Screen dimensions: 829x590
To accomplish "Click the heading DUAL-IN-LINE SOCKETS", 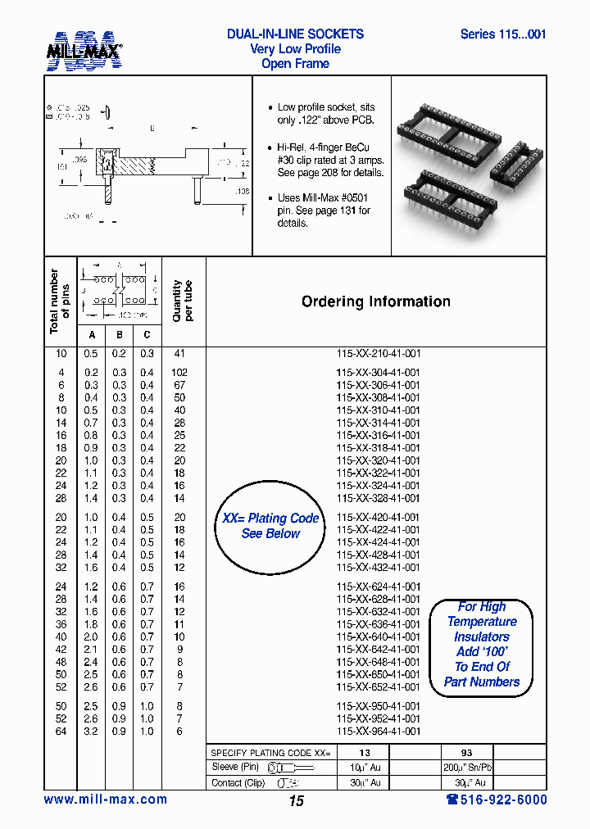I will pyautogui.click(x=295, y=34).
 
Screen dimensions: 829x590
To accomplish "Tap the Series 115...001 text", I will pyautogui.click(x=502, y=34).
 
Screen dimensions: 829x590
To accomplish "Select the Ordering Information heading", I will pyautogui.click(x=376, y=301).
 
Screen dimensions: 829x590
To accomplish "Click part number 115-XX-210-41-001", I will pyautogui.click(x=378, y=353).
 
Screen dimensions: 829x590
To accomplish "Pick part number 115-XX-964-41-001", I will pyautogui.click(x=378, y=732).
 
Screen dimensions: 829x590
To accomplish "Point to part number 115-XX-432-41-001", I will pyautogui.click(x=378, y=568).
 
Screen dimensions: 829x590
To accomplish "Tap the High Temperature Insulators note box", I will pyautogui.click(x=482, y=645).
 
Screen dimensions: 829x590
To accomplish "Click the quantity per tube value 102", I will pyautogui.click(x=179, y=372).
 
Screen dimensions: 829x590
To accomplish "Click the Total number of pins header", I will pyautogui.click(x=60, y=301).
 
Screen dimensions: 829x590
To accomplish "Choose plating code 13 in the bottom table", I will pyautogui.click(x=365, y=753).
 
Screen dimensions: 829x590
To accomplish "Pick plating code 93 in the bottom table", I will pyautogui.click(x=466, y=753).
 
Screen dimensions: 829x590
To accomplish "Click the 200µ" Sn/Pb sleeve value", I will pyautogui.click(x=466, y=768).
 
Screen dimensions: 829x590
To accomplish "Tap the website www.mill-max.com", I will pyautogui.click(x=105, y=800).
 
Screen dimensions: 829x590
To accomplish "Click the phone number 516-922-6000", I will pyautogui.click(x=497, y=800).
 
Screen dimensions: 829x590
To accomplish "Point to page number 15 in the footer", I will pyautogui.click(x=296, y=801).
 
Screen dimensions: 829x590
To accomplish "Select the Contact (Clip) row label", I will pyautogui.click(x=238, y=782).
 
